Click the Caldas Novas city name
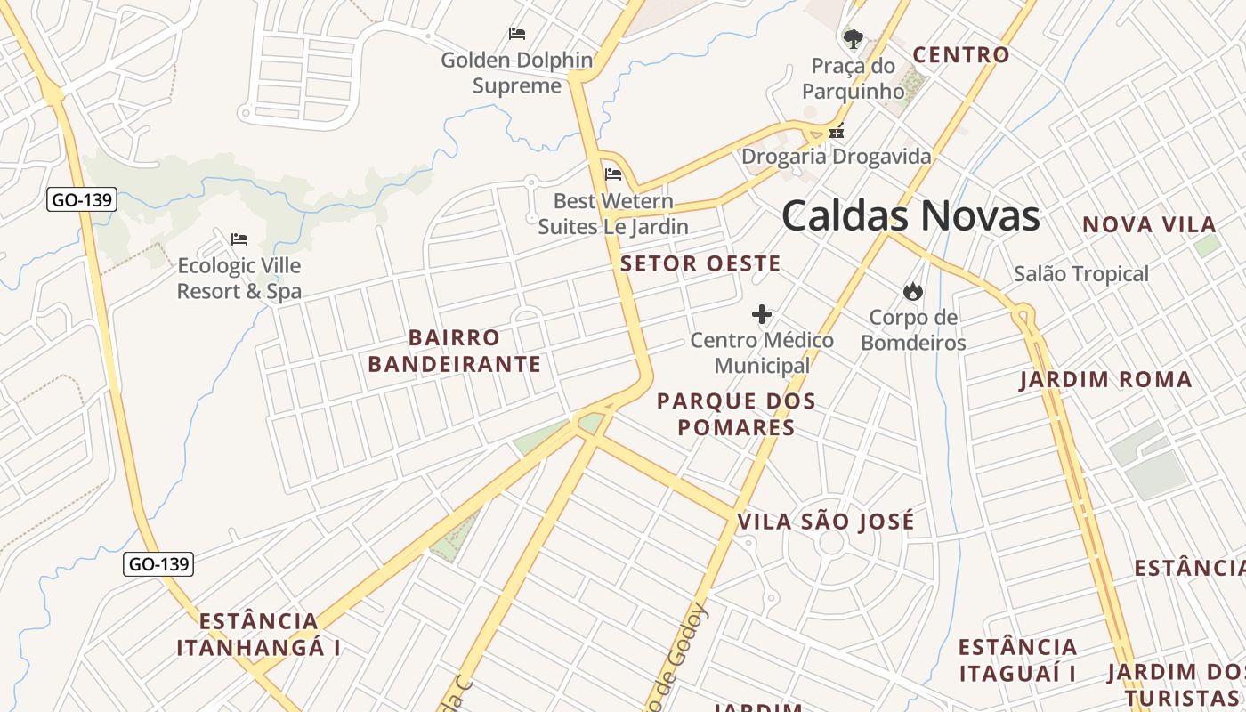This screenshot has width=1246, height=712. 910,216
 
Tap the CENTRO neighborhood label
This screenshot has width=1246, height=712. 961,55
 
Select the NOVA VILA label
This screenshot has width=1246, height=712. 1149,225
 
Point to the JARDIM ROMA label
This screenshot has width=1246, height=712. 1105,380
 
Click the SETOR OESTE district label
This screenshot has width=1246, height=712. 700,263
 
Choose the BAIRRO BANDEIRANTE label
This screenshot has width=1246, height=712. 454,352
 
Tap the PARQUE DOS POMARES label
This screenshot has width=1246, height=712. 736,414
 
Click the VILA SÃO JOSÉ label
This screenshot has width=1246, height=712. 826,522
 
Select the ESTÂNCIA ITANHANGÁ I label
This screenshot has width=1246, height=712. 258,635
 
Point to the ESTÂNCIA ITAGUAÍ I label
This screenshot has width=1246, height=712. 1017,659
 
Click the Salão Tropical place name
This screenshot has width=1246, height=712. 1081,274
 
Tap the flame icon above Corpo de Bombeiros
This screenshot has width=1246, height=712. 912,291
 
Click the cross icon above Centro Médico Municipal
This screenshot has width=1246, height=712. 762,314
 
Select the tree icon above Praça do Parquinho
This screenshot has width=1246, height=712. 853,38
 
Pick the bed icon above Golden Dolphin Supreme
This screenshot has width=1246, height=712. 517,34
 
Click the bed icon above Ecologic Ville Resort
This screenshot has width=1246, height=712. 239,239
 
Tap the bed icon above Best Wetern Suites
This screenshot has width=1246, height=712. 612,174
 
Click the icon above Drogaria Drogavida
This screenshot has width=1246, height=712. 836,132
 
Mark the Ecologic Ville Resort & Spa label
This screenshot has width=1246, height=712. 239,279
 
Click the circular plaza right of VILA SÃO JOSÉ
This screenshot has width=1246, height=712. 830,543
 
